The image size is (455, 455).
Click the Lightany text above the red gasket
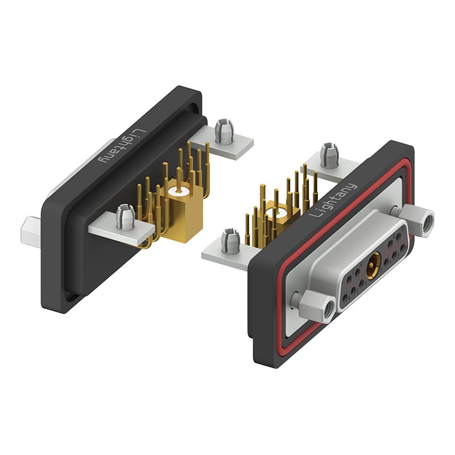334,200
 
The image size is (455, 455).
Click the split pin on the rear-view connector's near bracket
125,217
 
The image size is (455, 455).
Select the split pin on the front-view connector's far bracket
329,155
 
